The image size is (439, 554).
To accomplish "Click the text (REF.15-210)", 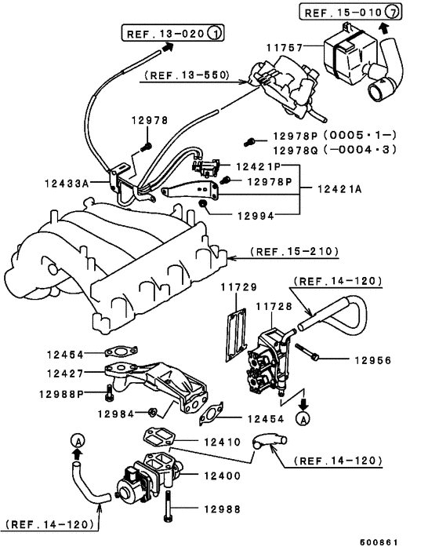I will pos(294,252).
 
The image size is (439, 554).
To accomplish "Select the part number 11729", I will pos(236,288).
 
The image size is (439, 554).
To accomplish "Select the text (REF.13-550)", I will pos(186,76).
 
